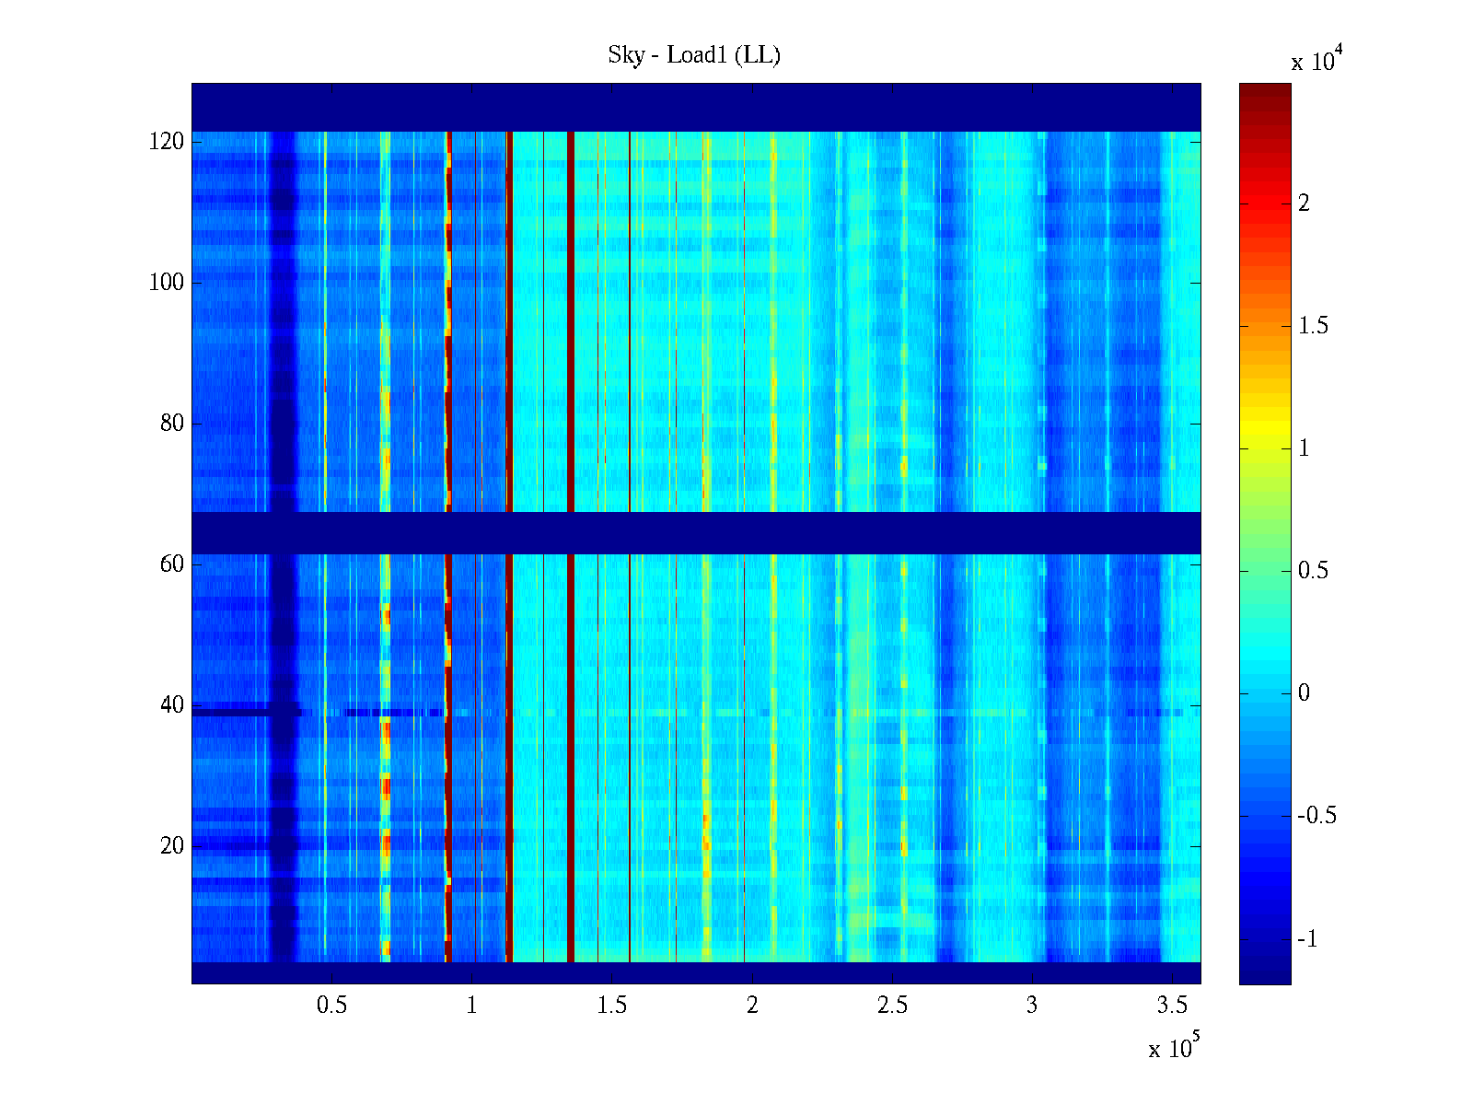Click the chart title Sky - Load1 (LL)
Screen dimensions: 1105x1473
click(694, 55)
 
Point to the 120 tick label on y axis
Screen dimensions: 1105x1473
click(167, 142)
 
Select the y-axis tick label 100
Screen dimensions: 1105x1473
click(167, 283)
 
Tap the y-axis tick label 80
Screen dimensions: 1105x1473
click(172, 424)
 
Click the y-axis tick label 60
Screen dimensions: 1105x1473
click(172, 564)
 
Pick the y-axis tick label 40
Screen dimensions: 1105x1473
click(172, 705)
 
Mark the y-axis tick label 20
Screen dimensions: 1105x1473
click(172, 846)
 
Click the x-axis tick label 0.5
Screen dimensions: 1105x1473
click(331, 1006)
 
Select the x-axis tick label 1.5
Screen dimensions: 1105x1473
click(611, 1006)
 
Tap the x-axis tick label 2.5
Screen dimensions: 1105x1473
click(892, 1006)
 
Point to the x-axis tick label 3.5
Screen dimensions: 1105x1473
click(1172, 1006)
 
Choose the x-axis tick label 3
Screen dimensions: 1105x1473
click(1032, 1006)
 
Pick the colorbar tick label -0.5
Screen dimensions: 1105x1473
click(1316, 816)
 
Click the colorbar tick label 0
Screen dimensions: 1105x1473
click(1304, 693)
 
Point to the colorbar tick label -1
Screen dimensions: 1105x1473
click(1307, 939)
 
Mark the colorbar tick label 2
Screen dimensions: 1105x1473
click(1304, 204)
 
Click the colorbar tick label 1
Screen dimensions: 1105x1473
click(1304, 448)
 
